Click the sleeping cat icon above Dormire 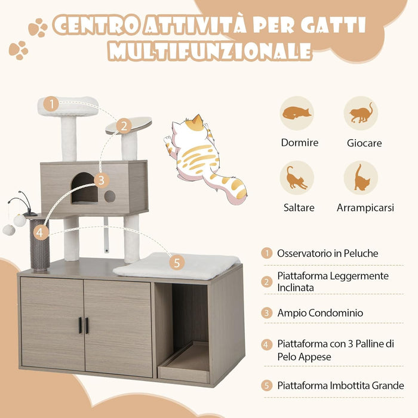click(x=297, y=113)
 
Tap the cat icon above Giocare click(x=361, y=113)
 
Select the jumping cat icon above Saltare click(x=297, y=178)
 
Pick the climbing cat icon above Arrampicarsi click(x=361, y=178)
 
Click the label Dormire click(x=299, y=143)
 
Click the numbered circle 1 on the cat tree click(x=51, y=105)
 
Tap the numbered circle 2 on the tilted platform click(x=123, y=126)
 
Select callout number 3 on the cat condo click(x=102, y=180)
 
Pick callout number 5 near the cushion click(x=177, y=262)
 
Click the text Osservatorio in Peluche click(x=327, y=253)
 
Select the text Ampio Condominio click(x=320, y=312)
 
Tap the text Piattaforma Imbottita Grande click(x=340, y=386)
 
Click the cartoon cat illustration click(x=202, y=158)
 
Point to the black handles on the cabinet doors click(x=83, y=325)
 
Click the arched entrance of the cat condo click(x=84, y=189)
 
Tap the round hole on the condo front click(x=110, y=196)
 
